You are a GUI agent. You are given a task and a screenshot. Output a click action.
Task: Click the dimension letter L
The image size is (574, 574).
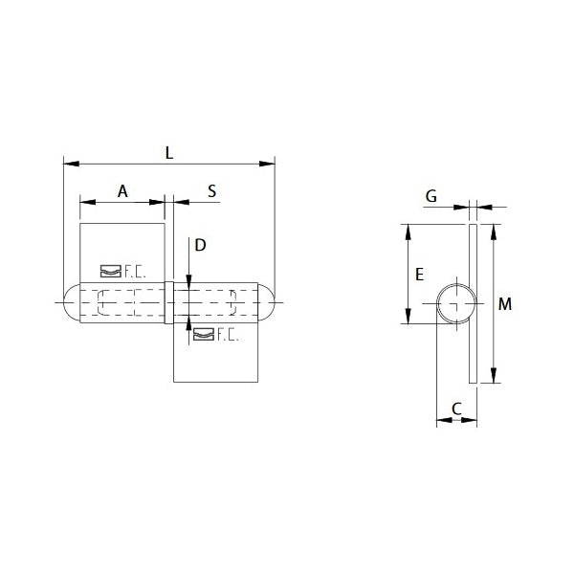(169, 152)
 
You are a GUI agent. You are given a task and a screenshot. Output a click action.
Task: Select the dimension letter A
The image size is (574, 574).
(122, 191)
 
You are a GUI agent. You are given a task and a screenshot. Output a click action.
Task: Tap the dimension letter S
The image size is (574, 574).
(212, 191)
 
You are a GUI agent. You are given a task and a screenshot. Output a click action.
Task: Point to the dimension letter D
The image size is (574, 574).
(200, 245)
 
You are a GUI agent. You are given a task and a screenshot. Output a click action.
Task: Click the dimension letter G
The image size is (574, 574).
(431, 196)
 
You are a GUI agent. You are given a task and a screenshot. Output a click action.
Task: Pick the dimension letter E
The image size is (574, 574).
(419, 275)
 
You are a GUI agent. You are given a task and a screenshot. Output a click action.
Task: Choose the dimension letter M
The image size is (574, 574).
(506, 305)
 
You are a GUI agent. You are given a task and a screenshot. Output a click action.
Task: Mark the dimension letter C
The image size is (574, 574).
(456, 408)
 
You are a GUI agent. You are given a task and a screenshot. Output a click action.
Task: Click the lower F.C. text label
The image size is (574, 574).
(227, 334)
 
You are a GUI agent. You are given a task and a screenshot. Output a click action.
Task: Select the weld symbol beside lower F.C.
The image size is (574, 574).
(203, 334)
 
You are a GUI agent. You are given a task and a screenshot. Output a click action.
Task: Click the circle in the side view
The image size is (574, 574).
(457, 304)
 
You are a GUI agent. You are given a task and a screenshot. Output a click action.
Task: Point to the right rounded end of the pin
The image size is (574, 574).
(269, 303)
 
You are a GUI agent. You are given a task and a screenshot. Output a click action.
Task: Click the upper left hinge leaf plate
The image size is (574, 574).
(122, 249)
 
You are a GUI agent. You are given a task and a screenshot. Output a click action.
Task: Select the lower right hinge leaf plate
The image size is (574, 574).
(217, 359)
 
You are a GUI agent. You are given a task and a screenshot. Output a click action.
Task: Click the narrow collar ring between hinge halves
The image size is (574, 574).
(169, 303)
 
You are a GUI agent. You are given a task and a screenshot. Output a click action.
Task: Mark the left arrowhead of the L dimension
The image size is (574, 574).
(68, 163)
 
